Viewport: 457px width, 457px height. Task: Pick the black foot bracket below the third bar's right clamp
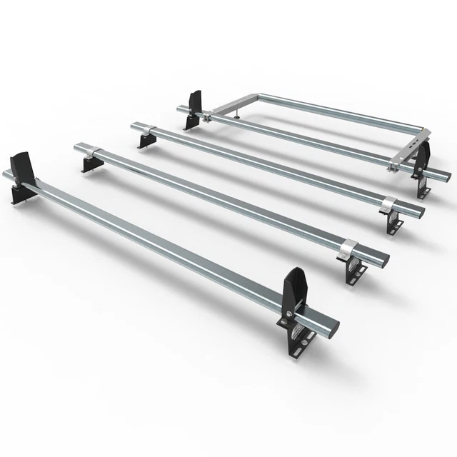[393, 223]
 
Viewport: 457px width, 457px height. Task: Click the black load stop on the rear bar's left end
[193, 108]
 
